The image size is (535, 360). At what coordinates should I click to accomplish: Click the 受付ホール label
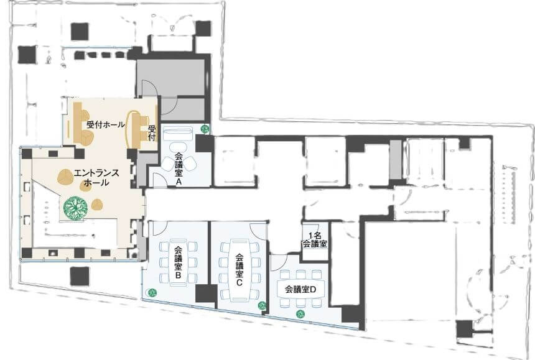[105, 125]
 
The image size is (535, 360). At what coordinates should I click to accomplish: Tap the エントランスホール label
[96, 178]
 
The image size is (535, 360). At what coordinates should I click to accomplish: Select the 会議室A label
[178, 169]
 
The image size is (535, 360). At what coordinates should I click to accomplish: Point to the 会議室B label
[178, 262]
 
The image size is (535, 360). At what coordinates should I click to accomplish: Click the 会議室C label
[239, 270]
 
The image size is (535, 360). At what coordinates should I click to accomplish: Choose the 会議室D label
[300, 290]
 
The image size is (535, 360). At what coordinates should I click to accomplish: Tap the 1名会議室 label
[315, 240]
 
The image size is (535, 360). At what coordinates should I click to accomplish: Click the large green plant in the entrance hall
[75, 207]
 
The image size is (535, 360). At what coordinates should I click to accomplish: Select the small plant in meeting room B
[152, 292]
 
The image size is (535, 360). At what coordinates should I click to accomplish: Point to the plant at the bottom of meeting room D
[300, 314]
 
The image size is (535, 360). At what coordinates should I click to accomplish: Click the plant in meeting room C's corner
[262, 306]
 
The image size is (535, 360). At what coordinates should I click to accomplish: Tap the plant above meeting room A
[205, 129]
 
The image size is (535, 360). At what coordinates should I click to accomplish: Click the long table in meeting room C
[239, 270]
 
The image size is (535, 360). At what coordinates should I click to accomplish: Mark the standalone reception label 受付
[152, 133]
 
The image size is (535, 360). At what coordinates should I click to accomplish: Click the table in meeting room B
[178, 262]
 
